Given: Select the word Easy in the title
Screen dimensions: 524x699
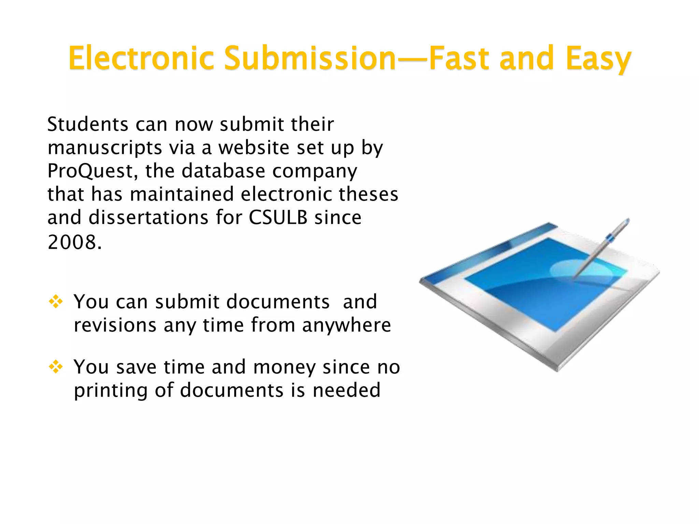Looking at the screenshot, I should click(x=598, y=59).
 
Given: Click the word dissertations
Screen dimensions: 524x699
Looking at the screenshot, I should click(x=148, y=217).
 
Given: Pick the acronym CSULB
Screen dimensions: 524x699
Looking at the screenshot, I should click(x=278, y=217).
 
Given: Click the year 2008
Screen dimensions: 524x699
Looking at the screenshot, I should click(x=74, y=243).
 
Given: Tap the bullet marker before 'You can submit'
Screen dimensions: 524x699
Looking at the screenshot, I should click(x=56, y=302).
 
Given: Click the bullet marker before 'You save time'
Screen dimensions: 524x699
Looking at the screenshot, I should click(x=56, y=367).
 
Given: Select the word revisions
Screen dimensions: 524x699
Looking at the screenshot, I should click(x=115, y=325).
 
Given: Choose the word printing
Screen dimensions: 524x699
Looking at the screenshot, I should click(x=111, y=391).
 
